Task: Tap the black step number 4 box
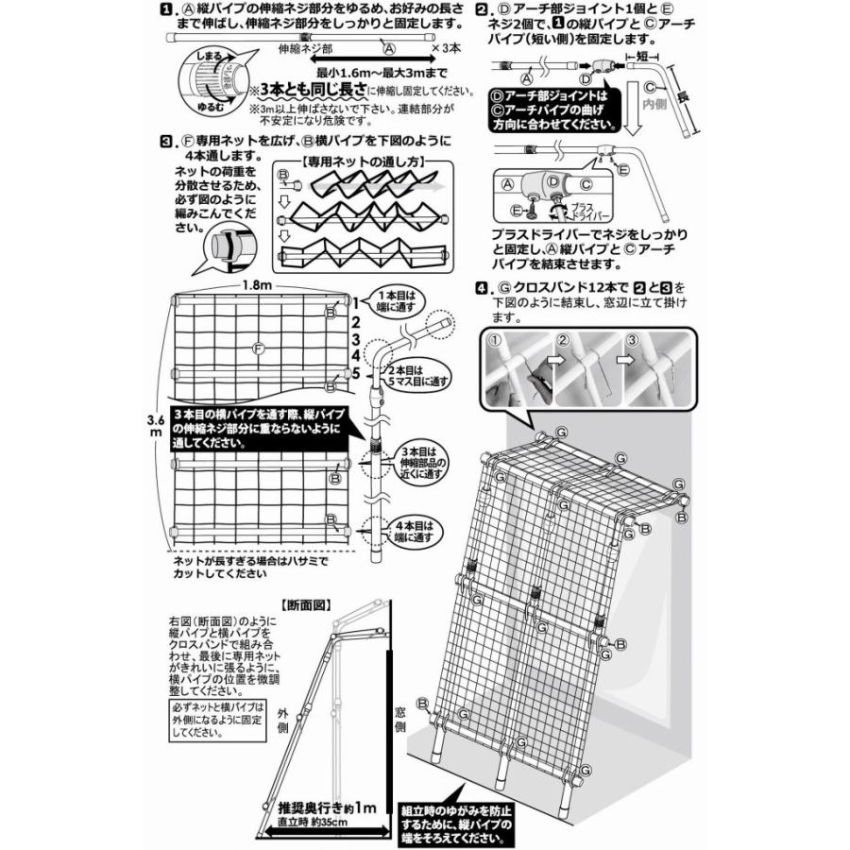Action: (x=483, y=286)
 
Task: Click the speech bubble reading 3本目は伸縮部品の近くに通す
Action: (x=418, y=458)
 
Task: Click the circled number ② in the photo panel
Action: (x=563, y=340)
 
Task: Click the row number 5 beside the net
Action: (x=356, y=373)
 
